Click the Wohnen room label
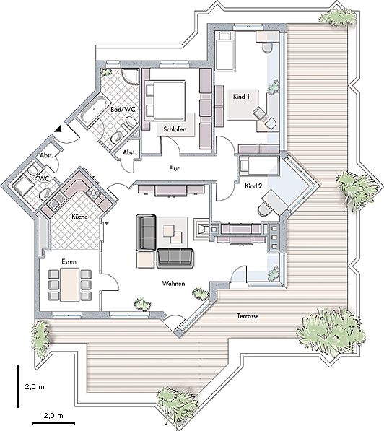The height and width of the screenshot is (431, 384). (173, 284)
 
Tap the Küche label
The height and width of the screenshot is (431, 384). (79, 217)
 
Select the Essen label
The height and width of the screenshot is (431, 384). (69, 261)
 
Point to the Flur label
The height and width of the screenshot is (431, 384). (174, 168)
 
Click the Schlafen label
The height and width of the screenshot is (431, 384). (175, 129)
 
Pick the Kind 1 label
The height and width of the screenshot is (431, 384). (241, 97)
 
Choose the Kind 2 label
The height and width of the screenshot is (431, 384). (253, 186)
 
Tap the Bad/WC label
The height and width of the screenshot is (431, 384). (123, 110)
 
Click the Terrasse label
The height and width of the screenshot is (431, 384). (248, 316)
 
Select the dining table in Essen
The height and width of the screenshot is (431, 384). (70, 285)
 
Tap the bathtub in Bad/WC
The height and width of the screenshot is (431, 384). (91, 110)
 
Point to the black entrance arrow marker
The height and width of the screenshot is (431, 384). (58, 129)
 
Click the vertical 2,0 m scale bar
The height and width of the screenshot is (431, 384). (18, 386)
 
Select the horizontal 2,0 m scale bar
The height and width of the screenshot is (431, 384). (53, 423)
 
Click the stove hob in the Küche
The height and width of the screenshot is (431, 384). (94, 192)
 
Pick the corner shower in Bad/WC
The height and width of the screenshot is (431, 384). (131, 77)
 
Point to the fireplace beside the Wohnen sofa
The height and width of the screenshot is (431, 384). (202, 229)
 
